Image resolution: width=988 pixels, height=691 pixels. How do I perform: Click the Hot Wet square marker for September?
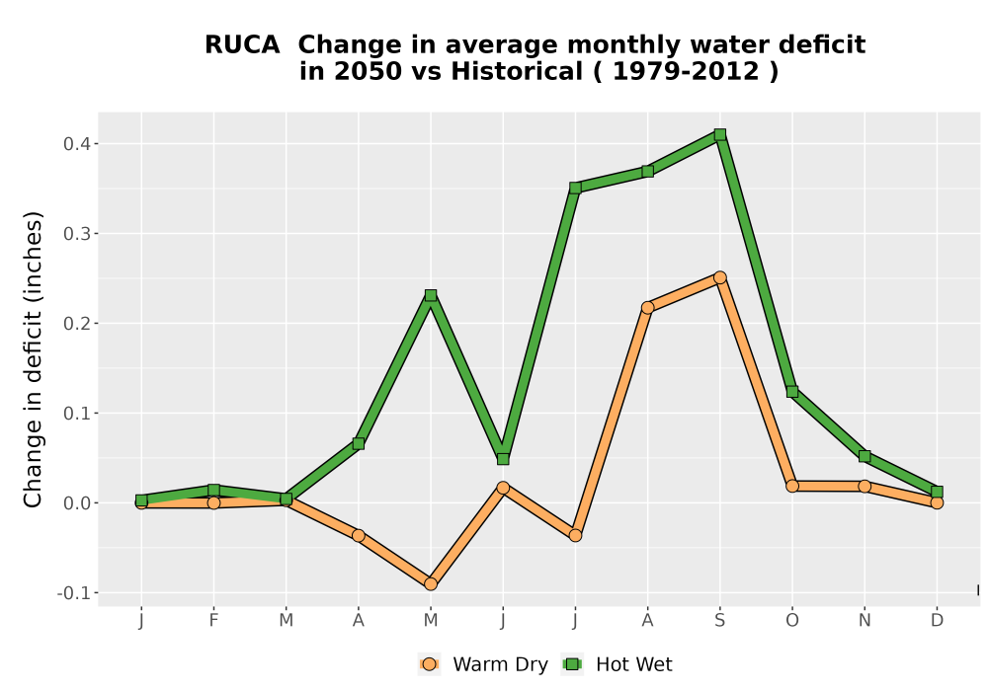[719, 134]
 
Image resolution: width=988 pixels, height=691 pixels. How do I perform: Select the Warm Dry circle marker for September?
[719, 277]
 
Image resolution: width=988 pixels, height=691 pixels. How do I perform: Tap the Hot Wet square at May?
[431, 295]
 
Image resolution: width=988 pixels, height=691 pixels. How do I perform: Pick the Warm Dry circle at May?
[431, 584]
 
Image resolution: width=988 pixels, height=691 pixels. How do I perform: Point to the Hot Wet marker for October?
[792, 392]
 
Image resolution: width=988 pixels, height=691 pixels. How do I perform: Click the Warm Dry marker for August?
[648, 308]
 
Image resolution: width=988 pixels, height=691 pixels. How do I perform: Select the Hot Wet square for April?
[358, 443]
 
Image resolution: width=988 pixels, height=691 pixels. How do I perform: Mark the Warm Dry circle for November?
[864, 486]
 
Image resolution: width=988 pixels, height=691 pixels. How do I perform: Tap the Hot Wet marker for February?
[213, 490]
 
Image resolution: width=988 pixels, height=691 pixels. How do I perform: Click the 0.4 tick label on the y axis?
[76, 144]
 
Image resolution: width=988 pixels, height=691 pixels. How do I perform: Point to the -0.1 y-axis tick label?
[73, 593]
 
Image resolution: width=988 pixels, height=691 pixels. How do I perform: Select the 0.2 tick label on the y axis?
[76, 324]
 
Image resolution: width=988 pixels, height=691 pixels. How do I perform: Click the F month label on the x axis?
[213, 621]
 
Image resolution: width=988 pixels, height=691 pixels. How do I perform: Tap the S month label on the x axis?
[719, 621]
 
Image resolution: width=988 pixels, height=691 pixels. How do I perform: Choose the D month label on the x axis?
[937, 621]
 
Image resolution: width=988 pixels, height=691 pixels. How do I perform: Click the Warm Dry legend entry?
[483, 664]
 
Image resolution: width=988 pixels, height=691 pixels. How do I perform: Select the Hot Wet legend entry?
[617, 664]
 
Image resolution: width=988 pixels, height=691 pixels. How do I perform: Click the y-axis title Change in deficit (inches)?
[33, 359]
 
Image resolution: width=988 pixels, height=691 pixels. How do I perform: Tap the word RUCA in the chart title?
[242, 44]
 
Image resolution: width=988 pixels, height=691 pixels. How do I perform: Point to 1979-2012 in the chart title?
[686, 71]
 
